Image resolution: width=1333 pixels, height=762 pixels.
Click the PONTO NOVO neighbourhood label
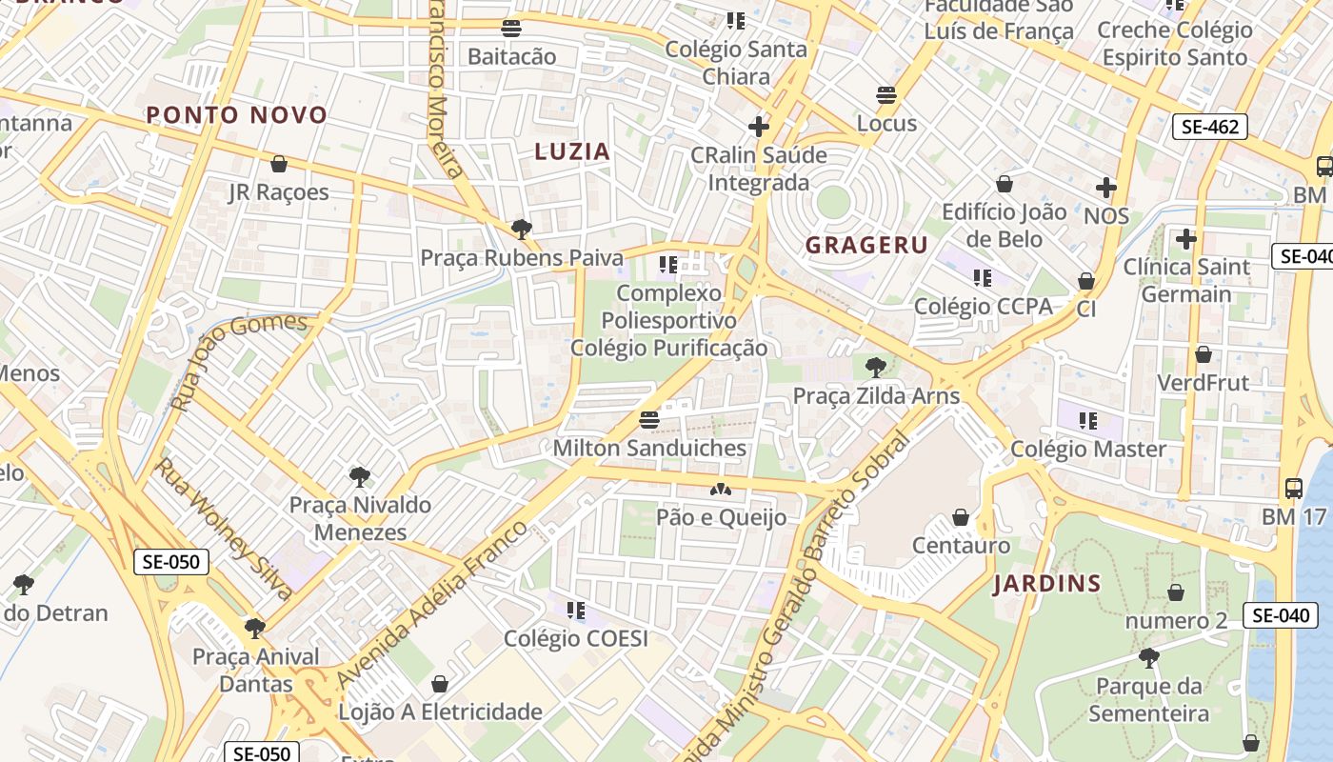236,115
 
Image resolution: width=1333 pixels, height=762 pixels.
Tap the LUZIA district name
572,150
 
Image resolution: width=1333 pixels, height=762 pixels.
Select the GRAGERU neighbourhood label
866,245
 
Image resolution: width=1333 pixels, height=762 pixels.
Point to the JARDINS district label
1047,584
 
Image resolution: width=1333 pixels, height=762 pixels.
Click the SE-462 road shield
1209,127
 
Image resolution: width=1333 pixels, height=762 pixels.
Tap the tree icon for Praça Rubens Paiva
521,229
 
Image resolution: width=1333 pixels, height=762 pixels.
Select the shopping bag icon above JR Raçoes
279,164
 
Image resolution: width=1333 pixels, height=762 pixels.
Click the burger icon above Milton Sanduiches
649,419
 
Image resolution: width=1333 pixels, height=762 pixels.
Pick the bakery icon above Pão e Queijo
721,490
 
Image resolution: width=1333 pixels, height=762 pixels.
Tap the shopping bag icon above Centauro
961,517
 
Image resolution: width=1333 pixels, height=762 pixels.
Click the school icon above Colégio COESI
575,610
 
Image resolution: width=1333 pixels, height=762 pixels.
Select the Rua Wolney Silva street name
224,529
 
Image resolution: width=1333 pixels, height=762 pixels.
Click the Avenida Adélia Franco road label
430,606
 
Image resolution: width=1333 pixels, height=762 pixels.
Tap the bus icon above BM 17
1293,489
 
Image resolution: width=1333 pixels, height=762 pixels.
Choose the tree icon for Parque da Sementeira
1148,657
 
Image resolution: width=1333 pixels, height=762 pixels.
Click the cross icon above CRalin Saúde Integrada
759,126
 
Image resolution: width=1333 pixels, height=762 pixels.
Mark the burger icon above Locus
886,95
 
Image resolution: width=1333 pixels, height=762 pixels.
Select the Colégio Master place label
1088,449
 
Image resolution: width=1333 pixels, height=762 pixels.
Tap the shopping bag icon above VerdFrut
1204,354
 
